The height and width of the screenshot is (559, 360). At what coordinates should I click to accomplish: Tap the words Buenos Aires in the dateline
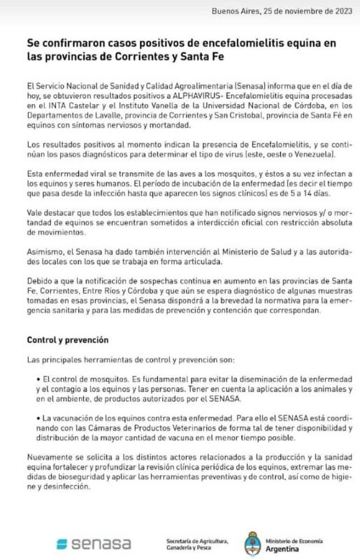coord(235,11)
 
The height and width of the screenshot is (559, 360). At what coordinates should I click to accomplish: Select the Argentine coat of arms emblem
coord(253,542)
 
